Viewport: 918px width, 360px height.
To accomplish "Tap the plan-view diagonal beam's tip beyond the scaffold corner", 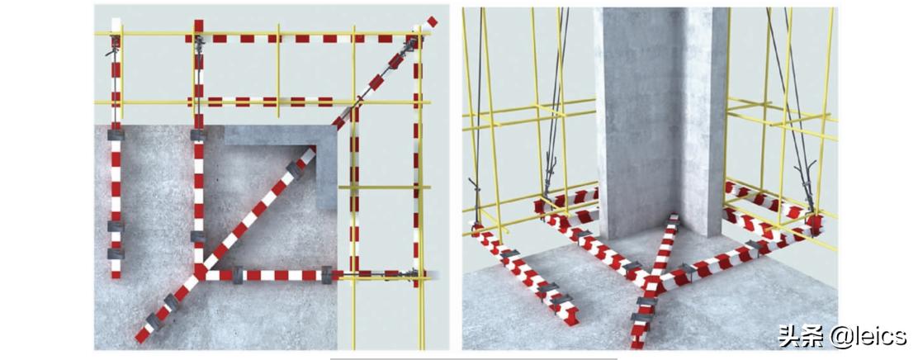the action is click(433, 21).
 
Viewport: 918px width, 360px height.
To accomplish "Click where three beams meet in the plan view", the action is click(200, 272).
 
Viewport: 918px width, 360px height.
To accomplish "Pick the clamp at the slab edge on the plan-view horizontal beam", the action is click(327, 274).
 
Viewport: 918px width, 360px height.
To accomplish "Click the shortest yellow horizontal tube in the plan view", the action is click(384, 187).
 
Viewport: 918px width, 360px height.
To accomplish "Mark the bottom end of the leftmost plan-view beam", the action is click(116, 274).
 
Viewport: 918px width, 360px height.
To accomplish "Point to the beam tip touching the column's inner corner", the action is click(674, 219).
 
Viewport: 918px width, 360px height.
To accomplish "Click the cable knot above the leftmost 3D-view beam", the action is click(474, 189).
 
